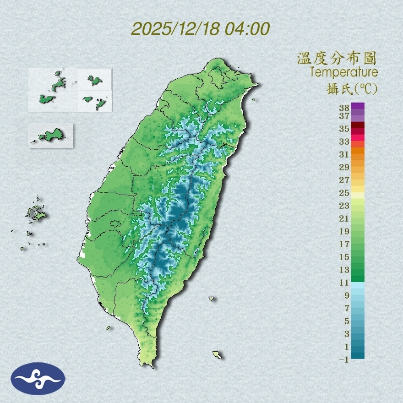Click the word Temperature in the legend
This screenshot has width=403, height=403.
tap(343, 72)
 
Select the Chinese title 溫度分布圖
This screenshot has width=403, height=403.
tap(337, 59)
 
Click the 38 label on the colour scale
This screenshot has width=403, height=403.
tap(344, 108)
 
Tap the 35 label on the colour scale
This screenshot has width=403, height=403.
tap(344, 129)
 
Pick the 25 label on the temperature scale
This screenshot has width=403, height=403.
tap(344, 193)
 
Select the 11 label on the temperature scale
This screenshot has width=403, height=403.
tap(344, 283)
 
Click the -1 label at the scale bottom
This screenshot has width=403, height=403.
tap(343, 359)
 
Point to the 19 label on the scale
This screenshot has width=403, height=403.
tap(344, 231)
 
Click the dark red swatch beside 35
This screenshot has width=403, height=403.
tap(358, 125)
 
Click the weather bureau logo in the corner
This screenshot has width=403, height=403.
tap(38, 379)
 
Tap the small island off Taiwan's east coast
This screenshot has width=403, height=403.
tap(212, 299)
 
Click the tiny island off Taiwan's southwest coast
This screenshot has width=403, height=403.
tap(109, 328)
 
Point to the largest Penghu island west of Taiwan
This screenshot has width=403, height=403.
tap(36, 213)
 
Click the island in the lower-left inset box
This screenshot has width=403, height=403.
tap(50, 135)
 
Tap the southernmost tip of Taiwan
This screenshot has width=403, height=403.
tap(148, 365)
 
